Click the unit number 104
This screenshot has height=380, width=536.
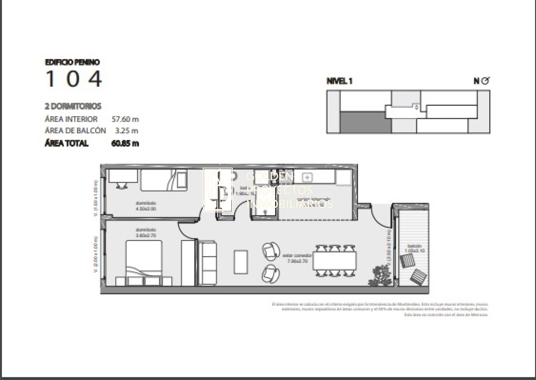coord(74,79)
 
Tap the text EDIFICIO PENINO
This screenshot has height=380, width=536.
coord(72,63)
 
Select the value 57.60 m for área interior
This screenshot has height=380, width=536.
coord(125,119)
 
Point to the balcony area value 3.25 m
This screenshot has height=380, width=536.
coord(126,131)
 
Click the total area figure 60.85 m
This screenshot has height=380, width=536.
coord(125,144)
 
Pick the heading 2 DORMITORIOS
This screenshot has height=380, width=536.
coord(73,106)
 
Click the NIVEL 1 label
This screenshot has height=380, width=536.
coord(340,81)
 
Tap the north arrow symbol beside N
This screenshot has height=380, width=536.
coord(486,81)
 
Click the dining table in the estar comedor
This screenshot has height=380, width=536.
coord(335,261)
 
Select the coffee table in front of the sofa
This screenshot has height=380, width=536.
coord(241,262)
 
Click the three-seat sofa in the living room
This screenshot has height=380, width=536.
coord(207,263)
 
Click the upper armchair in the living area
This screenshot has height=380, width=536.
coord(270,251)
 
